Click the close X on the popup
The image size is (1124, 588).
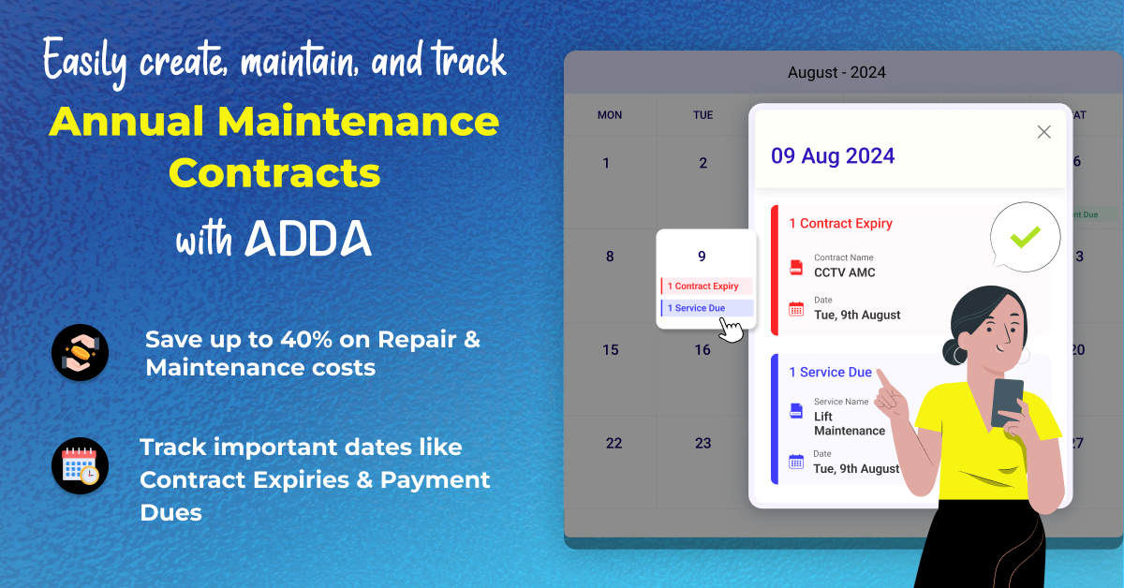(x=1043, y=132)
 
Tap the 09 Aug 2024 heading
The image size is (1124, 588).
(x=833, y=156)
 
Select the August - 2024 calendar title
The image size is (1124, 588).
(x=836, y=72)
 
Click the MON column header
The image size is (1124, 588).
(x=610, y=115)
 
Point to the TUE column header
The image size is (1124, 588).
(x=703, y=115)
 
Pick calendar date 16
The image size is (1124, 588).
(x=702, y=349)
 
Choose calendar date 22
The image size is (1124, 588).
(x=614, y=443)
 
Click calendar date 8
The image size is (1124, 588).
(x=610, y=257)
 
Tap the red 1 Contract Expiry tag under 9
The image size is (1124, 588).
(x=706, y=286)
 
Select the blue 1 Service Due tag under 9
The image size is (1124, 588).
(x=706, y=308)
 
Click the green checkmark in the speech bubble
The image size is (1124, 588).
(x=1025, y=237)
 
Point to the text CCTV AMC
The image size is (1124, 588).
(x=845, y=272)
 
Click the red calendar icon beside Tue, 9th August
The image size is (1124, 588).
(x=796, y=309)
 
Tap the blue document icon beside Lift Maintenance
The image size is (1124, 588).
(x=796, y=411)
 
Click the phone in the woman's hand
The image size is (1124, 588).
(x=1007, y=403)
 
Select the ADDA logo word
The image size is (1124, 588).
(x=308, y=239)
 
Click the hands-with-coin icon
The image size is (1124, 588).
(x=80, y=353)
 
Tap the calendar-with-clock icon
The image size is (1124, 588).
(x=80, y=466)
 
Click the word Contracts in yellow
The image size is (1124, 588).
(x=274, y=173)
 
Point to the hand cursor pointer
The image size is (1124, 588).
(x=730, y=331)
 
